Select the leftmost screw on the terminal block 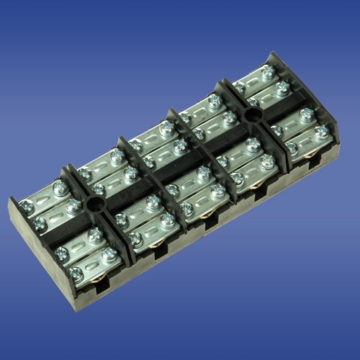(63, 253)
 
